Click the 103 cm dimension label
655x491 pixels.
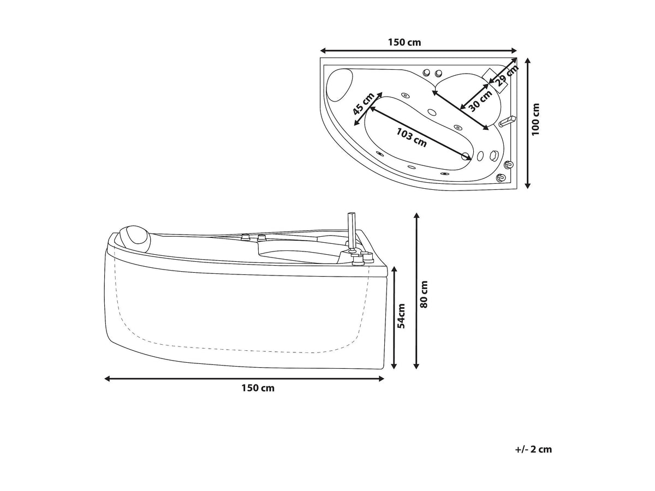(411, 137)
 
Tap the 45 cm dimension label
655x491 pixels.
(363, 104)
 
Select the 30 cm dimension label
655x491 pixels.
(481, 101)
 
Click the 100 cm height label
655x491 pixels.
(536, 119)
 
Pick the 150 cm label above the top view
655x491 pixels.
(404, 43)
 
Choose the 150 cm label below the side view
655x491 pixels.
(258, 388)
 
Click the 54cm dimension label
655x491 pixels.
(402, 316)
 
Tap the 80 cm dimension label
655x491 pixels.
(424, 295)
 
